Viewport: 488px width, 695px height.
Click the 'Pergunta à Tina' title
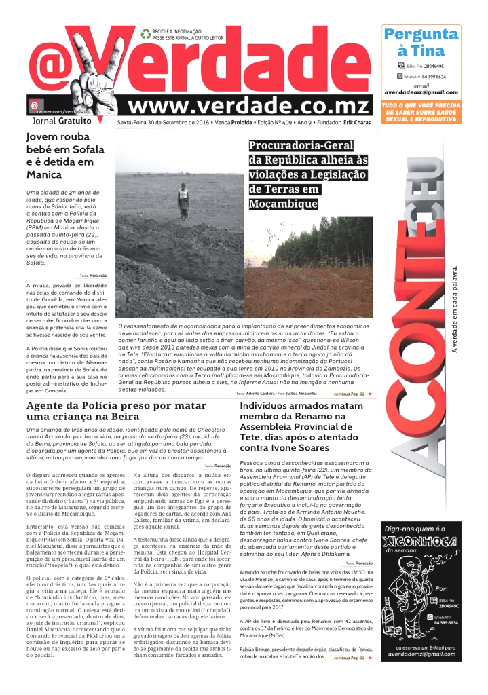coord(421,42)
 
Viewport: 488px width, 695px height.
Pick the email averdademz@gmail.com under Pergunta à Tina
coord(421,92)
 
